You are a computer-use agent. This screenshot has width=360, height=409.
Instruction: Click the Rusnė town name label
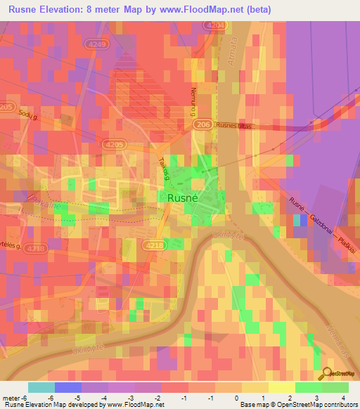pyautogui.click(x=185, y=199)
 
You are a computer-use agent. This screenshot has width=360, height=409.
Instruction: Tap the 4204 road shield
pyautogui.click(x=216, y=25)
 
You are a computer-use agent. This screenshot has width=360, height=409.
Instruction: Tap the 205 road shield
pyautogui.click(x=6, y=107)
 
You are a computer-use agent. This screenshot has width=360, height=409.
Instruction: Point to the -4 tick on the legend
pyautogui.click(x=105, y=397)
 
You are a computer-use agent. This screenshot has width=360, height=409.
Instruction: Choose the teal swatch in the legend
pyautogui.click(x=41, y=387)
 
